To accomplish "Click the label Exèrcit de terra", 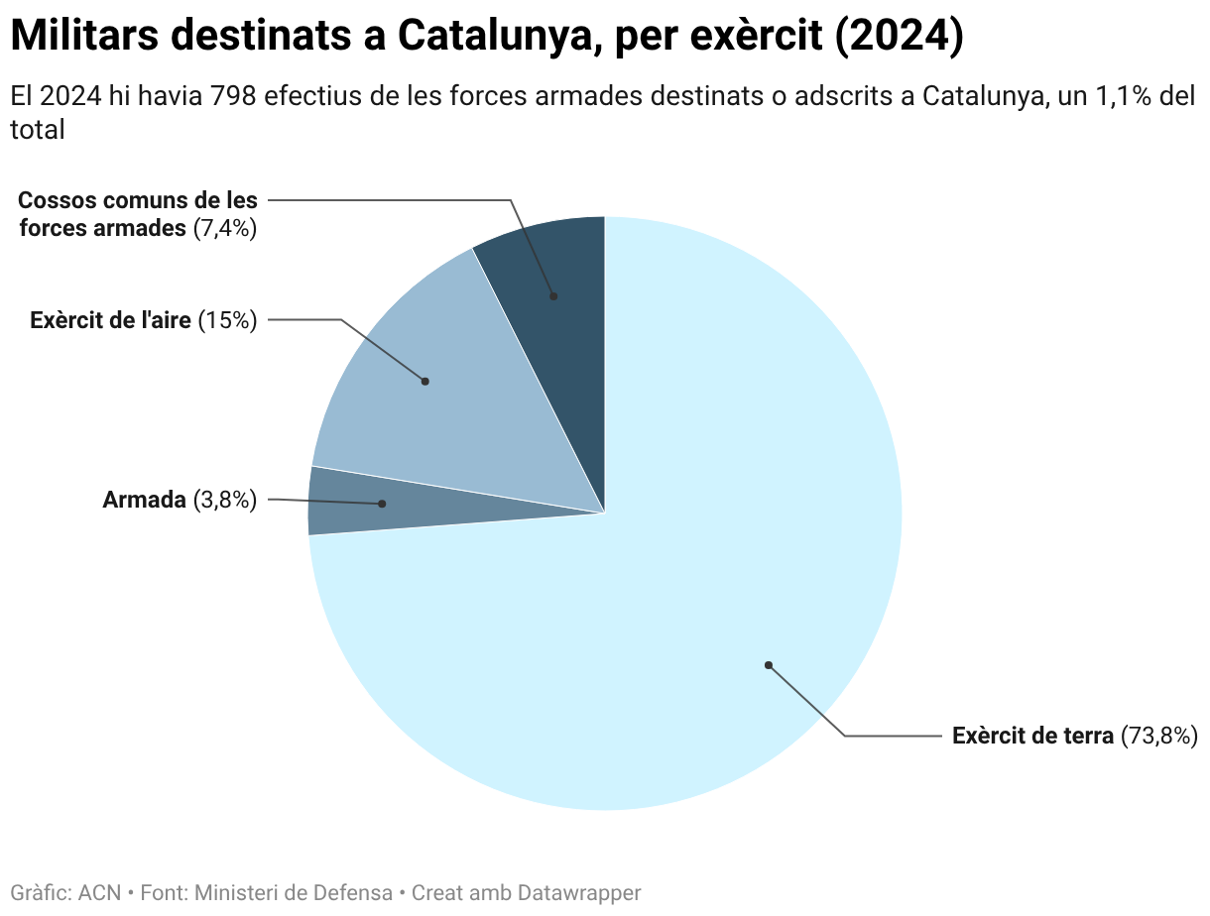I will point(1032,737).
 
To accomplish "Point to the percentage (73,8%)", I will point(1159,737).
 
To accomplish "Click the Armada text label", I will point(144,501).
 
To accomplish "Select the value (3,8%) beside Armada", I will point(225,501).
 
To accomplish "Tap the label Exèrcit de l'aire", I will point(110,320).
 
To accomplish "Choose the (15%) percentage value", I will point(228,320).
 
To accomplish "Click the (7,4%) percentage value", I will point(225,228).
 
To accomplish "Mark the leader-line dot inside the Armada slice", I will point(382,504).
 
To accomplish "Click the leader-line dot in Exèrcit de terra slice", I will point(768,665).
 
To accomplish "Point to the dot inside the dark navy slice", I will point(553,296).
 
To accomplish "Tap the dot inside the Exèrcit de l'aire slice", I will point(425,381).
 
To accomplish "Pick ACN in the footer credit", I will point(99,893).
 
